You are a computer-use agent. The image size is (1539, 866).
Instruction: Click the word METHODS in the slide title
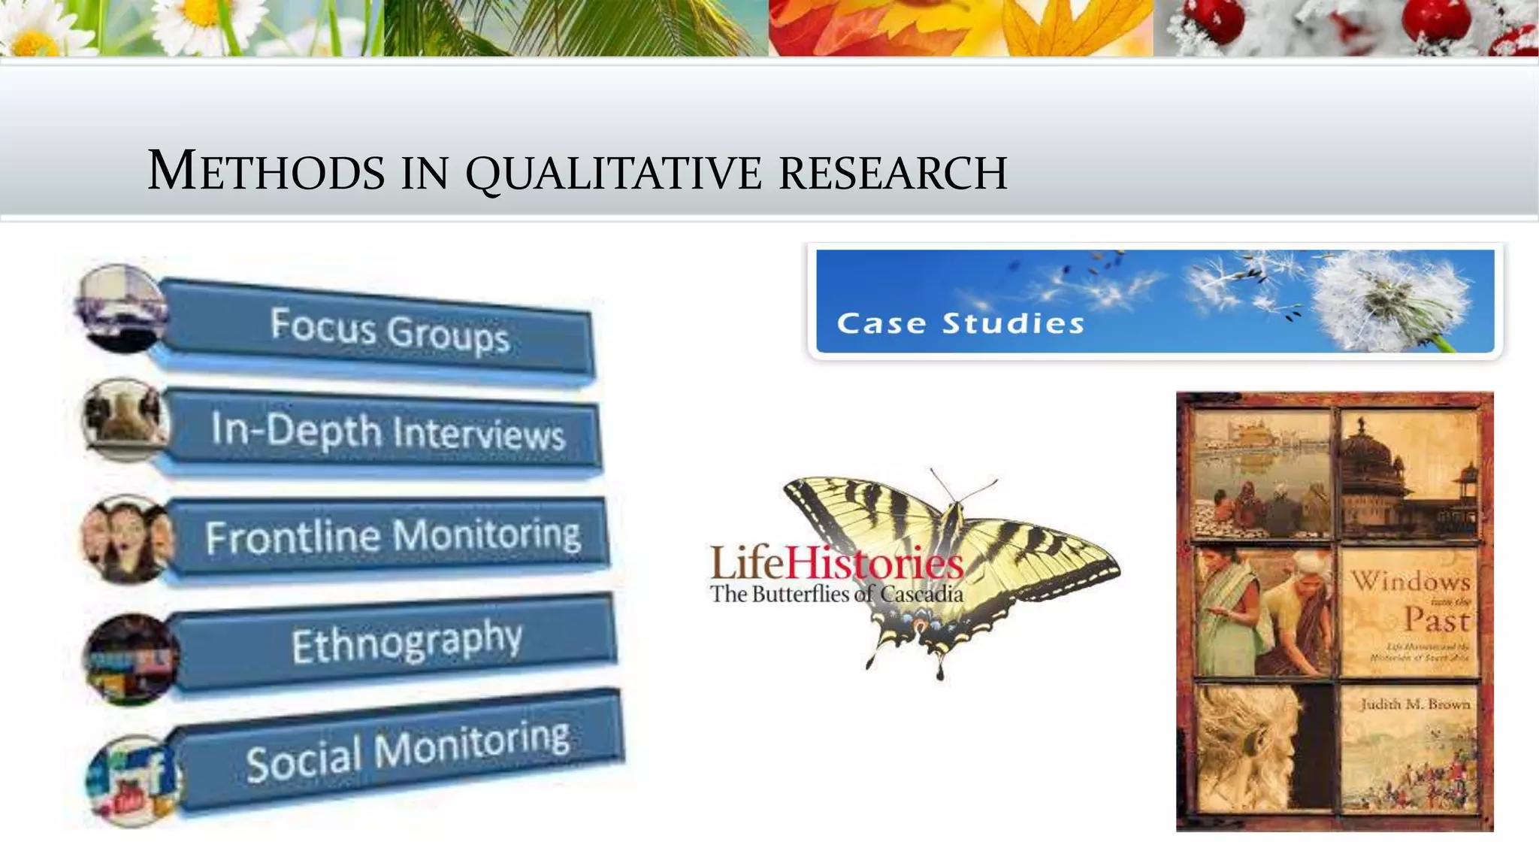267,171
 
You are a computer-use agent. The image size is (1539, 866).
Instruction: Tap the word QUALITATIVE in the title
615,173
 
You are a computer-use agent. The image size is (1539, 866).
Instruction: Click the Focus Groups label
390,329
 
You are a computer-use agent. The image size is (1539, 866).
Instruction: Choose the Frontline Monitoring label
393,536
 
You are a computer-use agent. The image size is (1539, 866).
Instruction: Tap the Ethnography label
406,642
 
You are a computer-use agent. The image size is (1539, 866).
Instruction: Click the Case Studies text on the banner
960,323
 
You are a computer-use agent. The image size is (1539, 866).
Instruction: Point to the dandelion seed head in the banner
1390,301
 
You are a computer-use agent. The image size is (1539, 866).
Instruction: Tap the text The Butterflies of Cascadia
836,594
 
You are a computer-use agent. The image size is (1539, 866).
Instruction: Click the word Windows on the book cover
1410,580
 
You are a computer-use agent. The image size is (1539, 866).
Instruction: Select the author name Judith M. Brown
1415,704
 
